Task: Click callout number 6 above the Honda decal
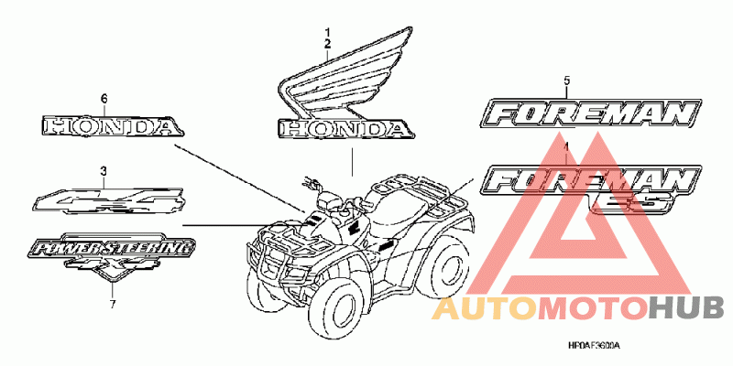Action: pyautogui.click(x=104, y=98)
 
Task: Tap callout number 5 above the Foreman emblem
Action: pyautogui.click(x=566, y=81)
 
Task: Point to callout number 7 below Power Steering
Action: pyautogui.click(x=112, y=304)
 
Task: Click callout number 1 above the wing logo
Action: pyautogui.click(x=325, y=33)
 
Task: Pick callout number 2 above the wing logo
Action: pyautogui.click(x=325, y=43)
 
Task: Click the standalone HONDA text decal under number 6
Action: pyautogui.click(x=107, y=126)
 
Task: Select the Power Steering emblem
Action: pyautogui.click(x=112, y=251)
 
